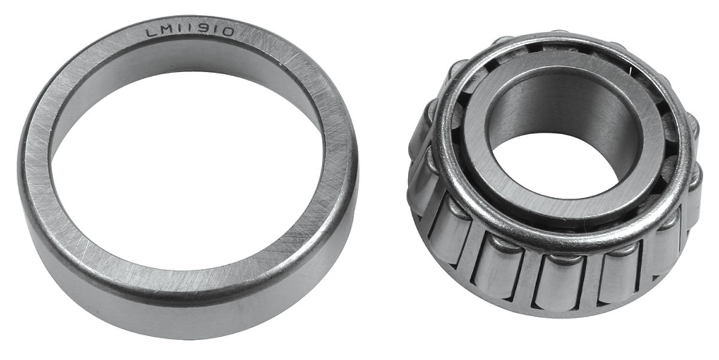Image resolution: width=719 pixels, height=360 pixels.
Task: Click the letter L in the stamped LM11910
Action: click(151, 33)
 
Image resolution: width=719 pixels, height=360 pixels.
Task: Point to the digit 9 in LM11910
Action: click(197, 30)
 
